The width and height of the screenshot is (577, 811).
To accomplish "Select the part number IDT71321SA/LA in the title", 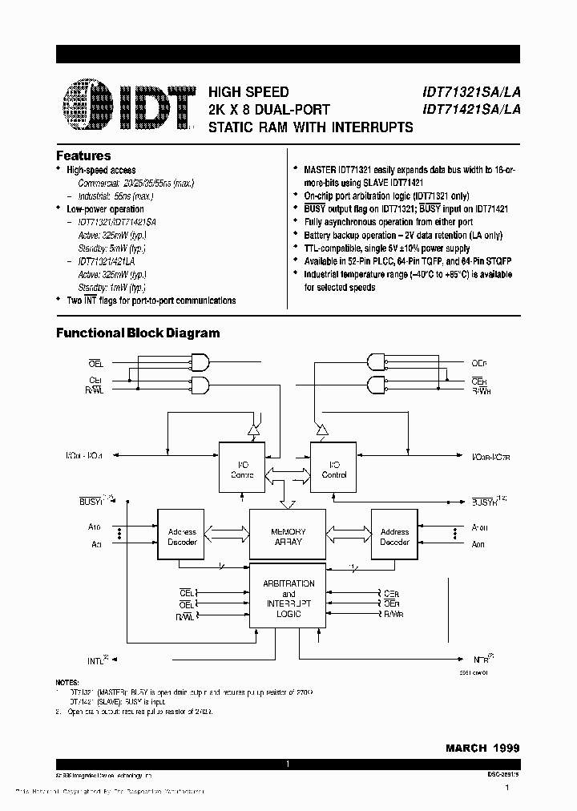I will click(466, 93).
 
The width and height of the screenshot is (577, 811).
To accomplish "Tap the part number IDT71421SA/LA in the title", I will click(466, 111).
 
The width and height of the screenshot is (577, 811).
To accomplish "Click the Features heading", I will click(83, 155).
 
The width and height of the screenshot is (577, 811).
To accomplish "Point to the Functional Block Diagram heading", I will click(137, 333).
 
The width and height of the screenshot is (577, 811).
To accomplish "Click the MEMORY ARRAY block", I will click(288, 537).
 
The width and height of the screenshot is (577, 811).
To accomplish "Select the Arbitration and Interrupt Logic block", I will click(288, 599).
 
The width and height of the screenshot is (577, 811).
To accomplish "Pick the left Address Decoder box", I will click(181, 537).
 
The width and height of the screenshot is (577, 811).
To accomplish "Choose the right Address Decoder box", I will click(394, 537).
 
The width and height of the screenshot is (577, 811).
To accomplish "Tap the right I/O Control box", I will click(335, 468).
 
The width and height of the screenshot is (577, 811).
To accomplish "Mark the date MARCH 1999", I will click(482, 748).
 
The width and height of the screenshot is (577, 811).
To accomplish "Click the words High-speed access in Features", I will click(101, 170).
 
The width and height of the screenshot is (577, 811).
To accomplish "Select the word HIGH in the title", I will click(225, 93).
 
